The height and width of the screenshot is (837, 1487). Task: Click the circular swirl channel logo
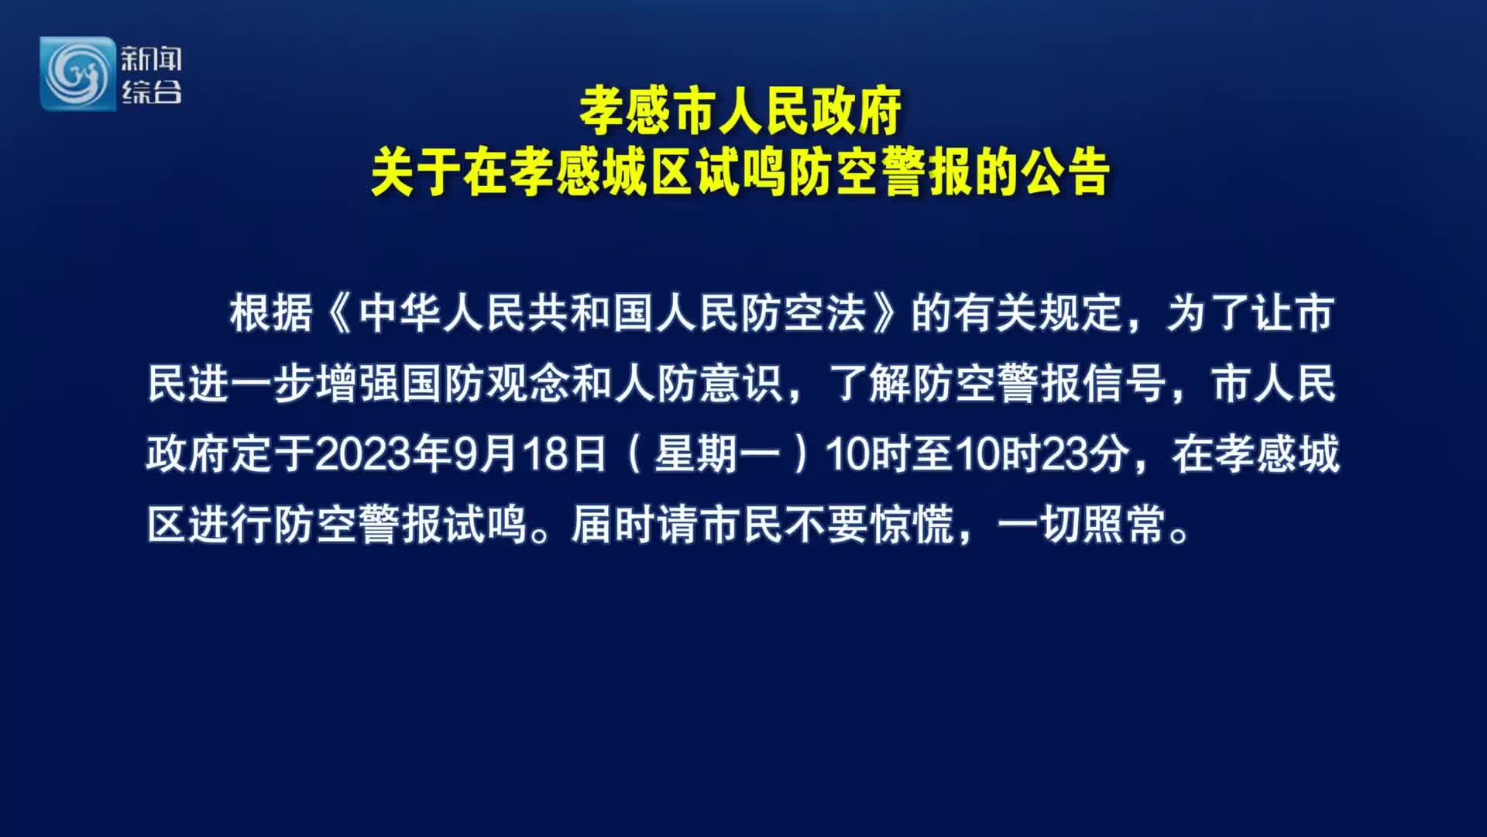point(77,74)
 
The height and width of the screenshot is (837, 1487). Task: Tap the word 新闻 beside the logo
point(151,59)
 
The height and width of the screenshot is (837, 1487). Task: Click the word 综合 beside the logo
point(151,91)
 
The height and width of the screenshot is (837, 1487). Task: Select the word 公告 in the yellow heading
point(1066,171)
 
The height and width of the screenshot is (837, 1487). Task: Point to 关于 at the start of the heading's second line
point(416,171)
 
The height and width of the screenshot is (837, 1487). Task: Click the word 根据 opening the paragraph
point(271,313)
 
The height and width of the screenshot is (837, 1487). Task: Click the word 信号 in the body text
point(1124,384)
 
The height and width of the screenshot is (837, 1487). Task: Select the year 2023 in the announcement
point(362,454)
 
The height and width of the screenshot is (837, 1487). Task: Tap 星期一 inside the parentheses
point(717,454)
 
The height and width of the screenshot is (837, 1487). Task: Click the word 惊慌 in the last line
point(912,525)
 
